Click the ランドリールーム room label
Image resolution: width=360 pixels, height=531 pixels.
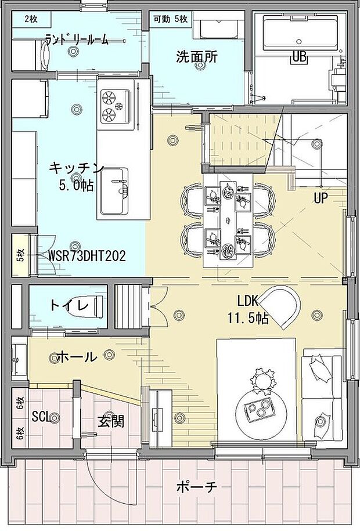point(77,40)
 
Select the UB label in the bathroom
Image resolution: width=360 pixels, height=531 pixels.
point(299,57)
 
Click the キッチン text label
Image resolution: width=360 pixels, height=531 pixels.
point(76,168)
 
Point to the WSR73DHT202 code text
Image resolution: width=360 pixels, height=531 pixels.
point(87,255)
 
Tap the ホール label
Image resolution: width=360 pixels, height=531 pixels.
point(77,356)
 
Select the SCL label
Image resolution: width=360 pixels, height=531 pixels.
point(41,417)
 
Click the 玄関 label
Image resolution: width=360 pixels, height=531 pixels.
point(111,421)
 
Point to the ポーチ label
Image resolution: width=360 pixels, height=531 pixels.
point(197,487)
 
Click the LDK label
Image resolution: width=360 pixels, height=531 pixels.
point(248,301)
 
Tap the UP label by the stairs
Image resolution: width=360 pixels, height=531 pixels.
point(321,198)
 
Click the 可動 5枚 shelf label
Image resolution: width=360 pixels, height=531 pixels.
point(171,19)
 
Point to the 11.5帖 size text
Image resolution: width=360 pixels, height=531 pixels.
point(248,319)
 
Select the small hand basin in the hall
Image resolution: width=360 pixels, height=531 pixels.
point(19,359)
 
